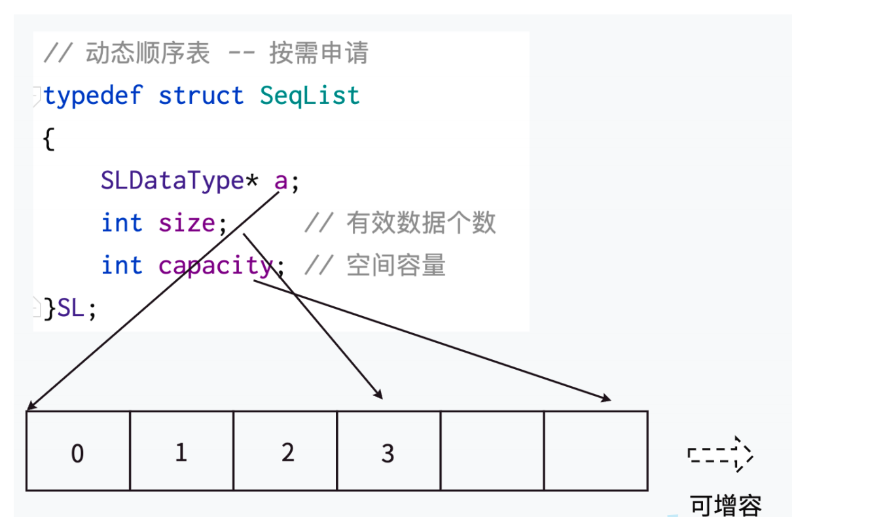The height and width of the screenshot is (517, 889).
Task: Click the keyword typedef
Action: point(92,96)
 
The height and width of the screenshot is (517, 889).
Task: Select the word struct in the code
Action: point(200,96)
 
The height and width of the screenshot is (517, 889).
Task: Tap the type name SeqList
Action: point(310,96)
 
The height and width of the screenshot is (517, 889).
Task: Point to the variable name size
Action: point(187,223)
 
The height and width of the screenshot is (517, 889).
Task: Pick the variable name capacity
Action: point(215,266)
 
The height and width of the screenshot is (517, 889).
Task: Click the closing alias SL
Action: point(71,308)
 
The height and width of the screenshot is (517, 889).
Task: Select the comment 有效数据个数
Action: point(421,224)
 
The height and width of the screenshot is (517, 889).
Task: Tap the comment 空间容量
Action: point(396,266)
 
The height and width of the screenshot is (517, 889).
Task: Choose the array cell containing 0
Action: point(78,452)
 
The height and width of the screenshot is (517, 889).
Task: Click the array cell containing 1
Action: point(181,452)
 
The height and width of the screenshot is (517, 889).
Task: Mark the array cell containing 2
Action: point(285,452)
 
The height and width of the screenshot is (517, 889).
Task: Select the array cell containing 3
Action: point(388,452)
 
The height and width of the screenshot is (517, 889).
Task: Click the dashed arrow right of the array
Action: point(720,454)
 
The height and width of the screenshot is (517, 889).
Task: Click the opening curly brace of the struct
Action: point(48,138)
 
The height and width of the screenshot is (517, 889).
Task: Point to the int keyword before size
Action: point(122,223)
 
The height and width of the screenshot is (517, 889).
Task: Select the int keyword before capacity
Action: point(122,266)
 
